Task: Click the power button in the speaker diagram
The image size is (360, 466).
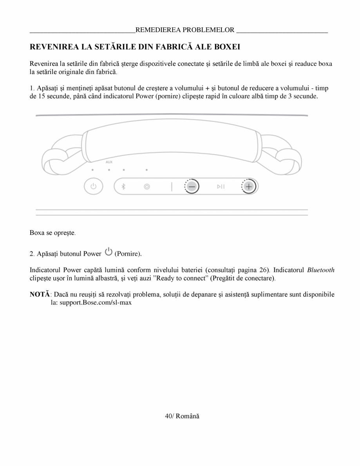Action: pyautogui.click(x=93, y=186)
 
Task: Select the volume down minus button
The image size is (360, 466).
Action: pyautogui.click(x=192, y=186)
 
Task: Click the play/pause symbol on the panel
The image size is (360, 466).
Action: pyautogui.click(x=221, y=187)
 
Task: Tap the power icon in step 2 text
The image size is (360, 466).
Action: pyautogui.click(x=109, y=253)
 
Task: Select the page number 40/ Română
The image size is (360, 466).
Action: pyautogui.click(x=182, y=416)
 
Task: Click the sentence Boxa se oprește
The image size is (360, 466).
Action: pyautogui.click(x=52, y=233)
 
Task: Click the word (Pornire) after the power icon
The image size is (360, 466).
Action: pyautogui.click(x=128, y=254)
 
